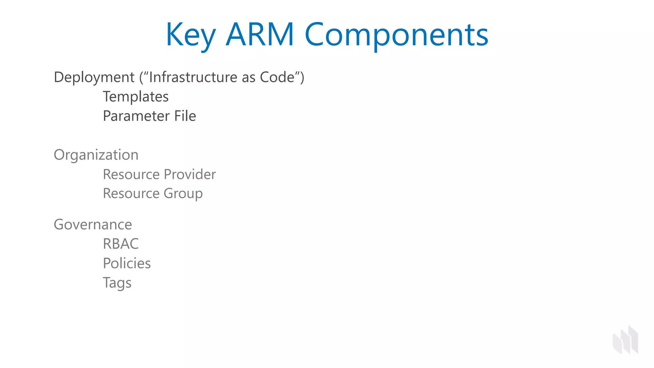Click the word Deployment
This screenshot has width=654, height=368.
tap(94, 77)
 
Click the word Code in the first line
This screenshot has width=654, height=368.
tap(277, 77)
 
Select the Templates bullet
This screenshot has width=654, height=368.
tap(136, 96)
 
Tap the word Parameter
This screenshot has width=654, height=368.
tap(136, 116)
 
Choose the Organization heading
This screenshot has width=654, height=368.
tap(96, 155)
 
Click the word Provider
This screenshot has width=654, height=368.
tap(190, 174)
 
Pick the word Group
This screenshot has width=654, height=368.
tap(183, 194)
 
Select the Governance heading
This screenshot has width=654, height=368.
tap(93, 225)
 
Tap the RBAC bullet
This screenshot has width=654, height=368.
tap(121, 244)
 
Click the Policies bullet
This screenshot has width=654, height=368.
tap(127, 264)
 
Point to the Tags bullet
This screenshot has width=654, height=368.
tap(117, 283)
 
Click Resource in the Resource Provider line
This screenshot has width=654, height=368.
tap(131, 174)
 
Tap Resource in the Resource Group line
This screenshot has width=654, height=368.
tap(131, 194)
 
